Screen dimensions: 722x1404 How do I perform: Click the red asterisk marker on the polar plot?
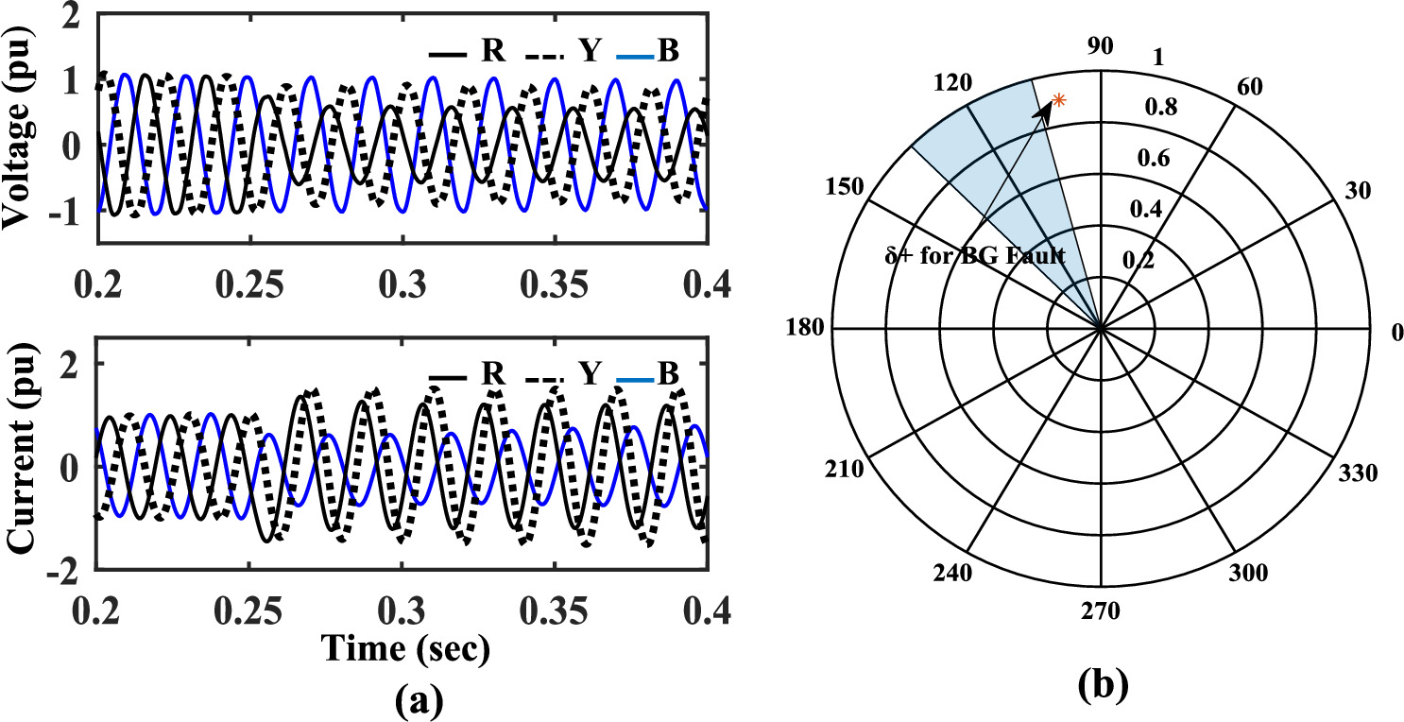(x=1059, y=100)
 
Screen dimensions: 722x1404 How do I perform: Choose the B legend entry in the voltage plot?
(x=669, y=51)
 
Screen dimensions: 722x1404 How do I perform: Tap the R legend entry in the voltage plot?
(x=491, y=51)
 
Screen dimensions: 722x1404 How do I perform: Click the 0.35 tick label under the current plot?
(x=556, y=612)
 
